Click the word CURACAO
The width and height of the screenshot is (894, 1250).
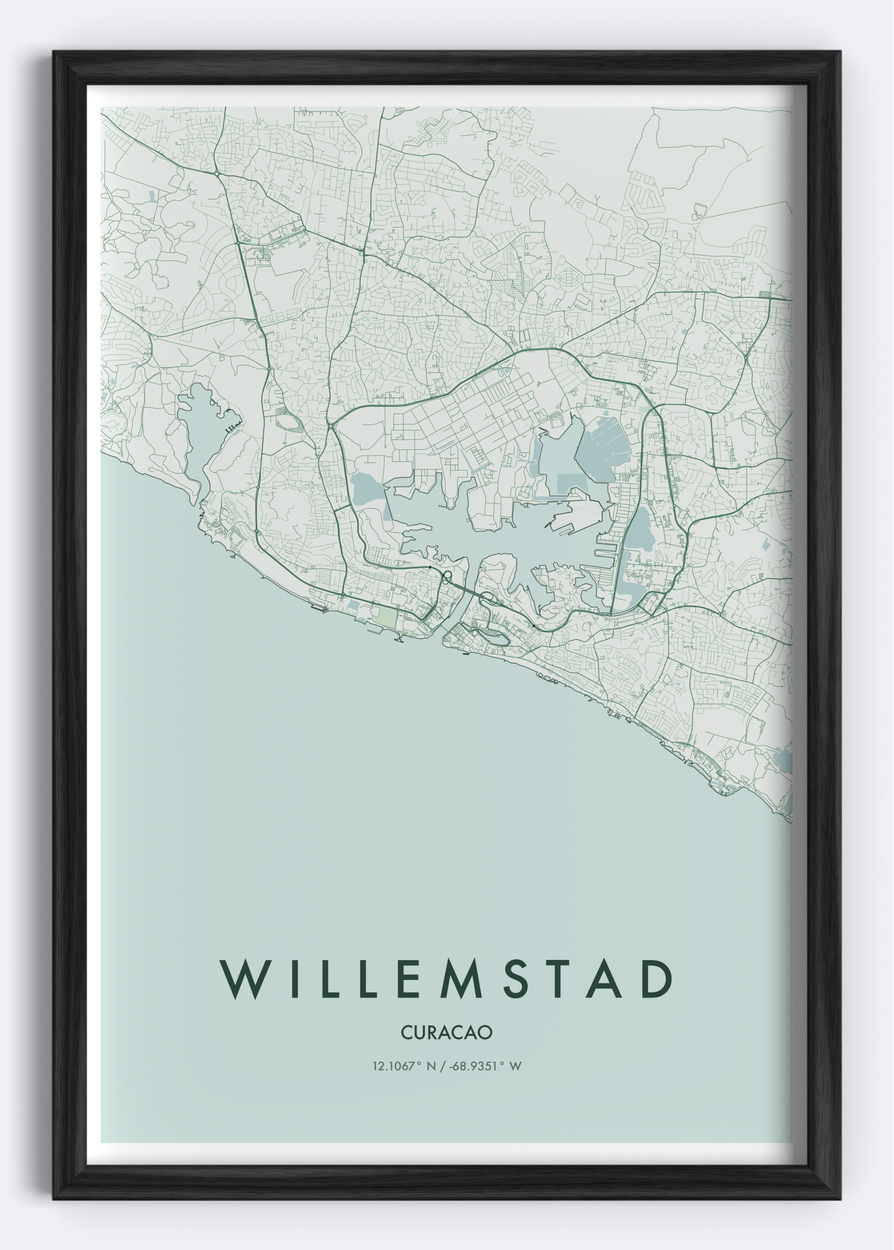tap(447, 1033)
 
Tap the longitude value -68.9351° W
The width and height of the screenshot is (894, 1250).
tap(484, 1066)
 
